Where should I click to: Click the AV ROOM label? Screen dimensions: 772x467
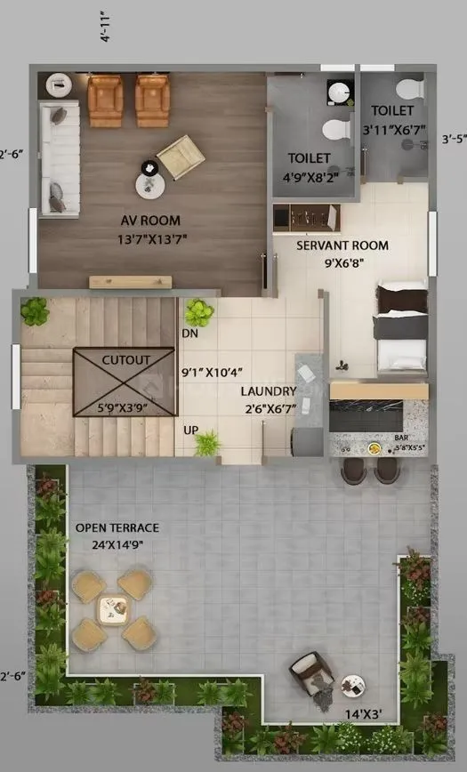point(150,221)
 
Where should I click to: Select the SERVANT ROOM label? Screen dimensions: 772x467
point(342,245)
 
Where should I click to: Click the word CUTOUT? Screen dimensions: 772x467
point(125,359)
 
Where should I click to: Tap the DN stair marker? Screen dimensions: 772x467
point(189,333)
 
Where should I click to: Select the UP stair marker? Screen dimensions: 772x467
point(189,430)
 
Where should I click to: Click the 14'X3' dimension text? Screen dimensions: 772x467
point(364,713)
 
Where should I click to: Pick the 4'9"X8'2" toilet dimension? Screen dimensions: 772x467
point(309,175)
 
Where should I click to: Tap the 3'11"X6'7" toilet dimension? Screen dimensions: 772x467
point(392,129)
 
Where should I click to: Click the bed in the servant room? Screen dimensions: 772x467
point(402,326)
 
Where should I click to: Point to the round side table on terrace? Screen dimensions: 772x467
point(353,685)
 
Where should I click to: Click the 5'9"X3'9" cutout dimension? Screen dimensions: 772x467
point(125,410)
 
